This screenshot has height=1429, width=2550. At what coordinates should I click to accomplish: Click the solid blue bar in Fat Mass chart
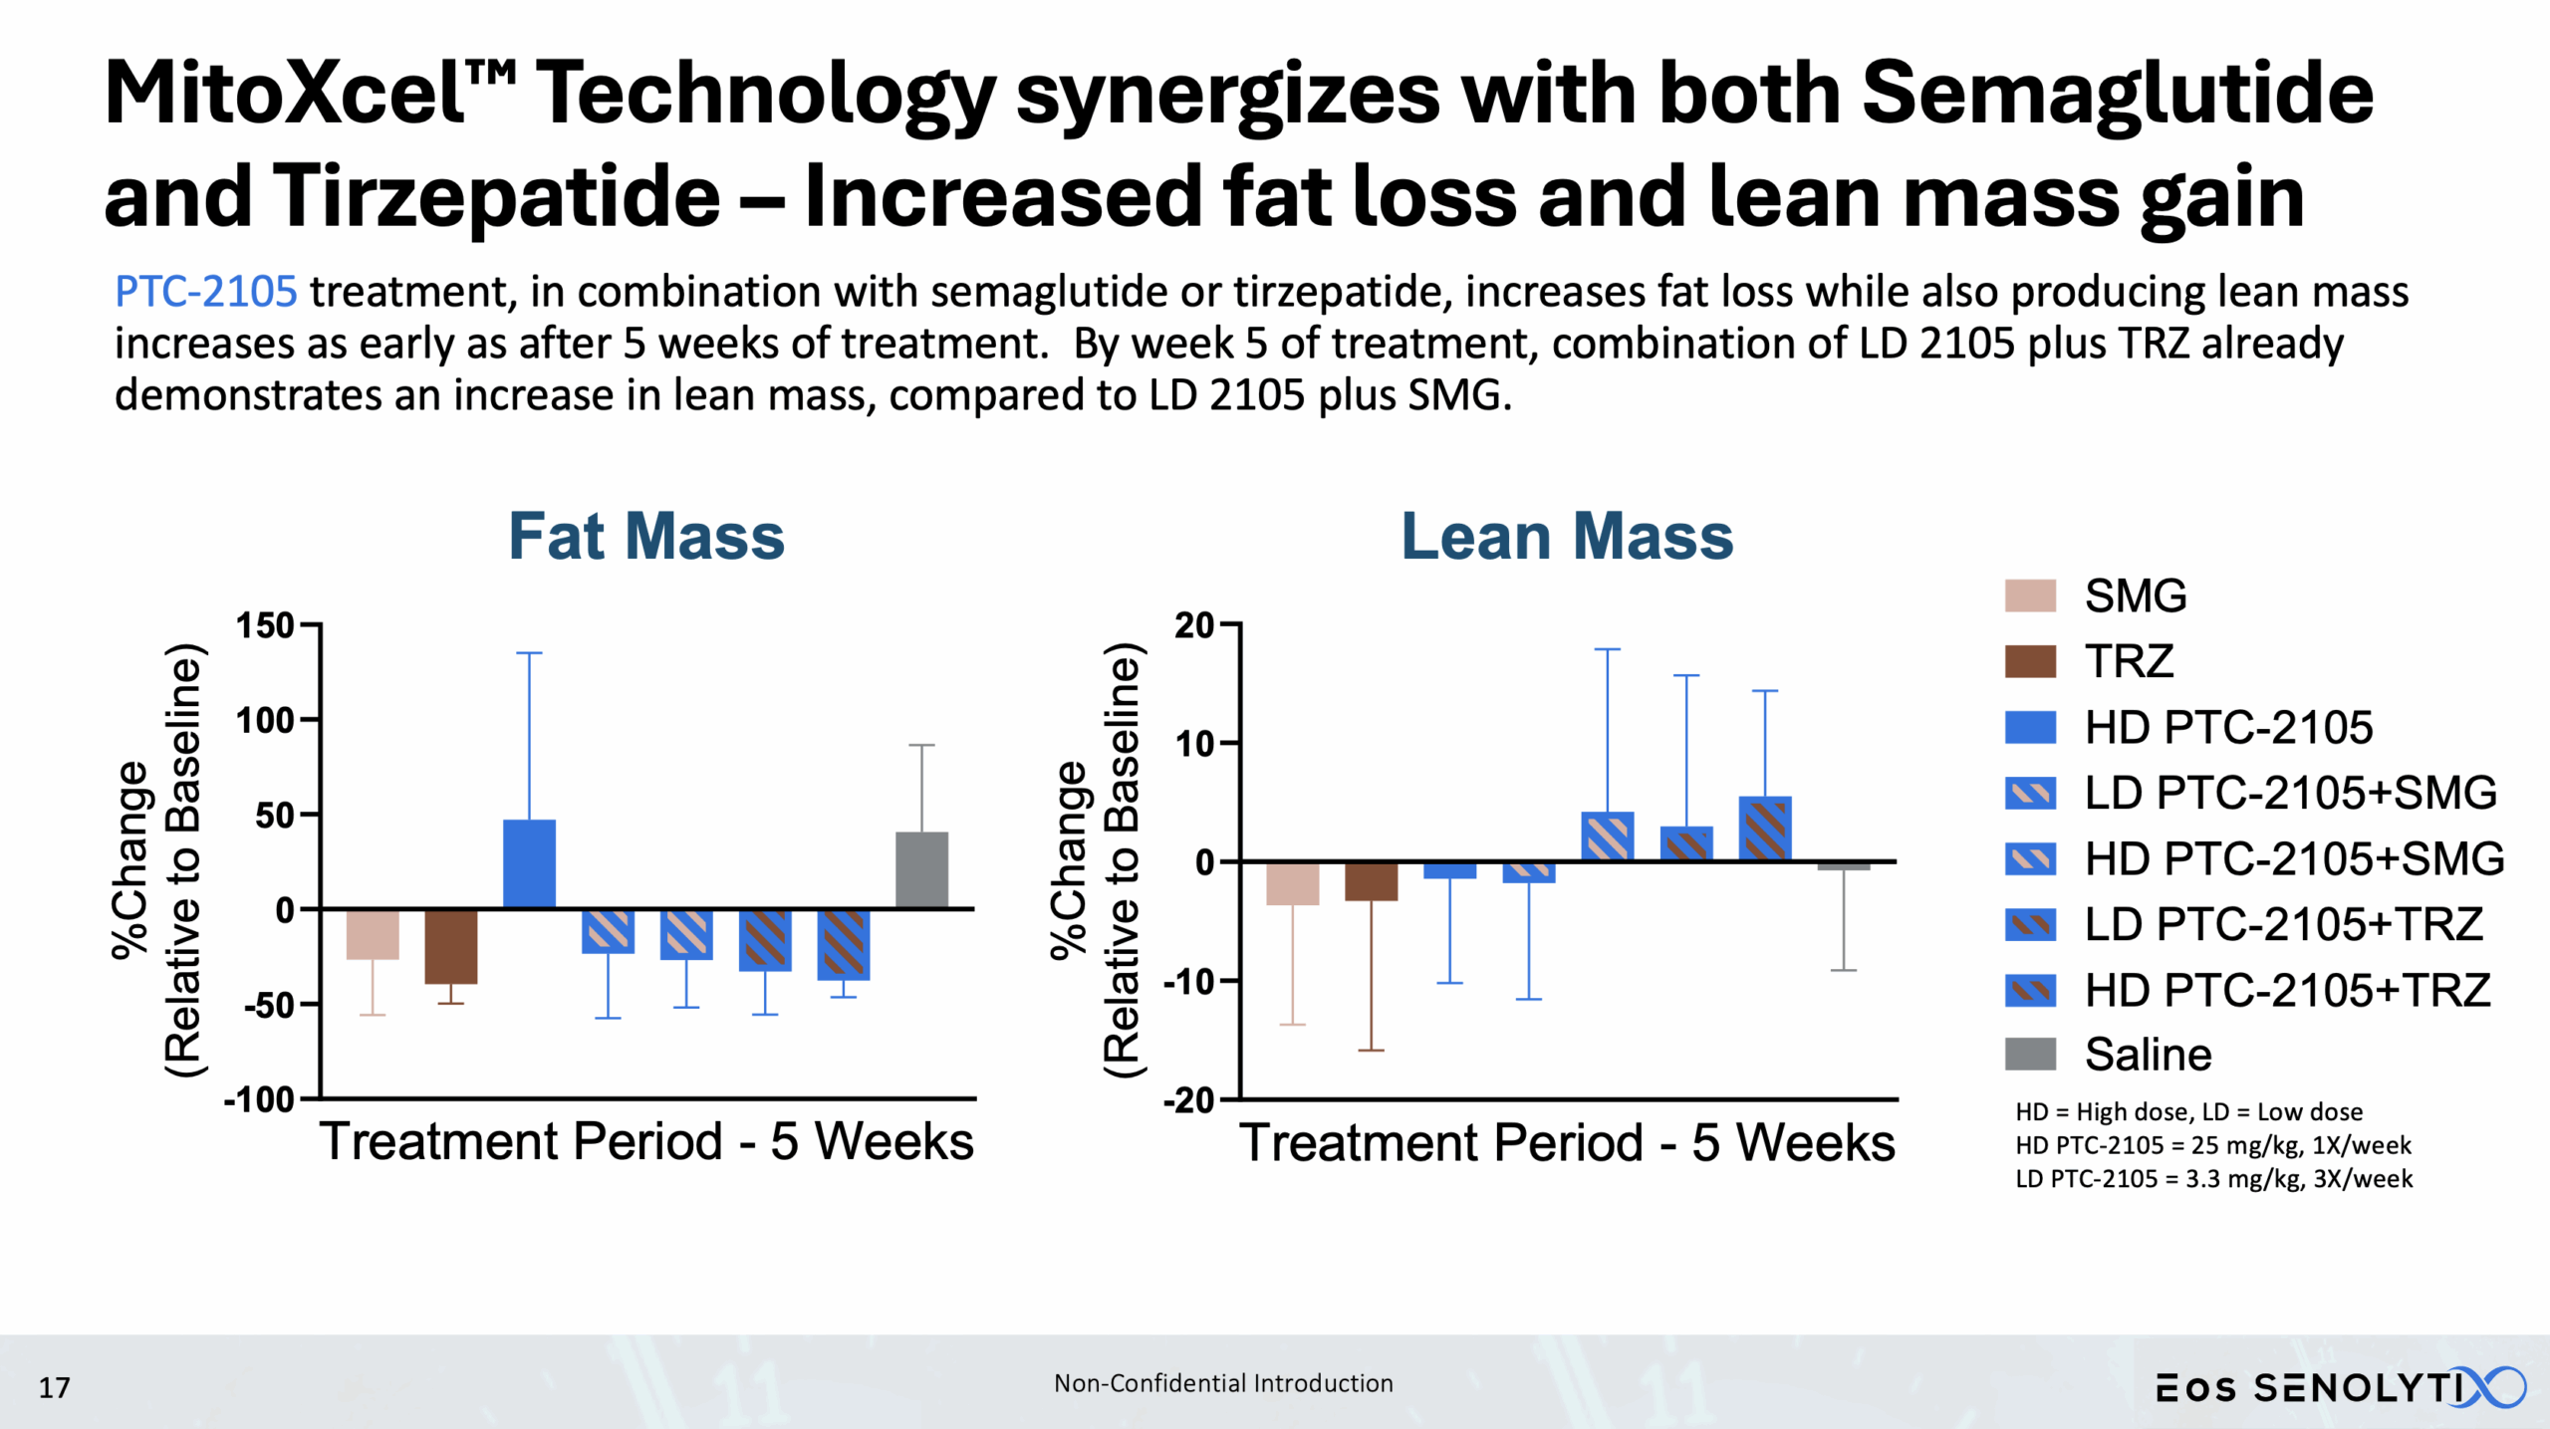point(529,863)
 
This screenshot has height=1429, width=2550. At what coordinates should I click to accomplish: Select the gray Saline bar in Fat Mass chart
point(921,869)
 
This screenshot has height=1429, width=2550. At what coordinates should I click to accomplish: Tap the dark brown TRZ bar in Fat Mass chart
point(450,946)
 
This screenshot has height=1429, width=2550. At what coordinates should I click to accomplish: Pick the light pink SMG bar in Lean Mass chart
point(1292,883)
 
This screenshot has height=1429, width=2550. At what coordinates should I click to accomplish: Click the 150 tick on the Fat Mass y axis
point(265,625)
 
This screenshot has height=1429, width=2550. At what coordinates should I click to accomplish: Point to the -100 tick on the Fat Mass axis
point(259,1099)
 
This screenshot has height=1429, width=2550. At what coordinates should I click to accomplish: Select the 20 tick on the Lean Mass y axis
point(1194,625)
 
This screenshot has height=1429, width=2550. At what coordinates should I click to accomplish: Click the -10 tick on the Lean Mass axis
point(1189,981)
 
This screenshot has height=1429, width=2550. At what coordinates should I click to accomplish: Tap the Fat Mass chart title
point(646,537)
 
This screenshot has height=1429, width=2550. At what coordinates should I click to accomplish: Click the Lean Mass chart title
point(1567,537)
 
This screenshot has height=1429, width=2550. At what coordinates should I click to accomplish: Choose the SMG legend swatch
point(2030,595)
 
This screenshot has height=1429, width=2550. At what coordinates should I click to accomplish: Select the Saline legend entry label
point(2148,1055)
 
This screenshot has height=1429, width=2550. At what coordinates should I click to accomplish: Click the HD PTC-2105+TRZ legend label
point(2287,990)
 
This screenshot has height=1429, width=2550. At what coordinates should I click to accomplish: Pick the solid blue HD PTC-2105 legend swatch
point(2030,727)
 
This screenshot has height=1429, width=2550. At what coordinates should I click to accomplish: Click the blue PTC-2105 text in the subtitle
point(205,292)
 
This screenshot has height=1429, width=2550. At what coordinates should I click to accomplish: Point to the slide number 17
point(54,1387)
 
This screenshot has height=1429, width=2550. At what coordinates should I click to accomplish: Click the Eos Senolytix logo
point(2341,1387)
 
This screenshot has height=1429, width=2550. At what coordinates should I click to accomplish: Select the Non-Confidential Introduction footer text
point(1223,1383)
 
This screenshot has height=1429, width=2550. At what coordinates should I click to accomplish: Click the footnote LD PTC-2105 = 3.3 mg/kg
point(2213,1179)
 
